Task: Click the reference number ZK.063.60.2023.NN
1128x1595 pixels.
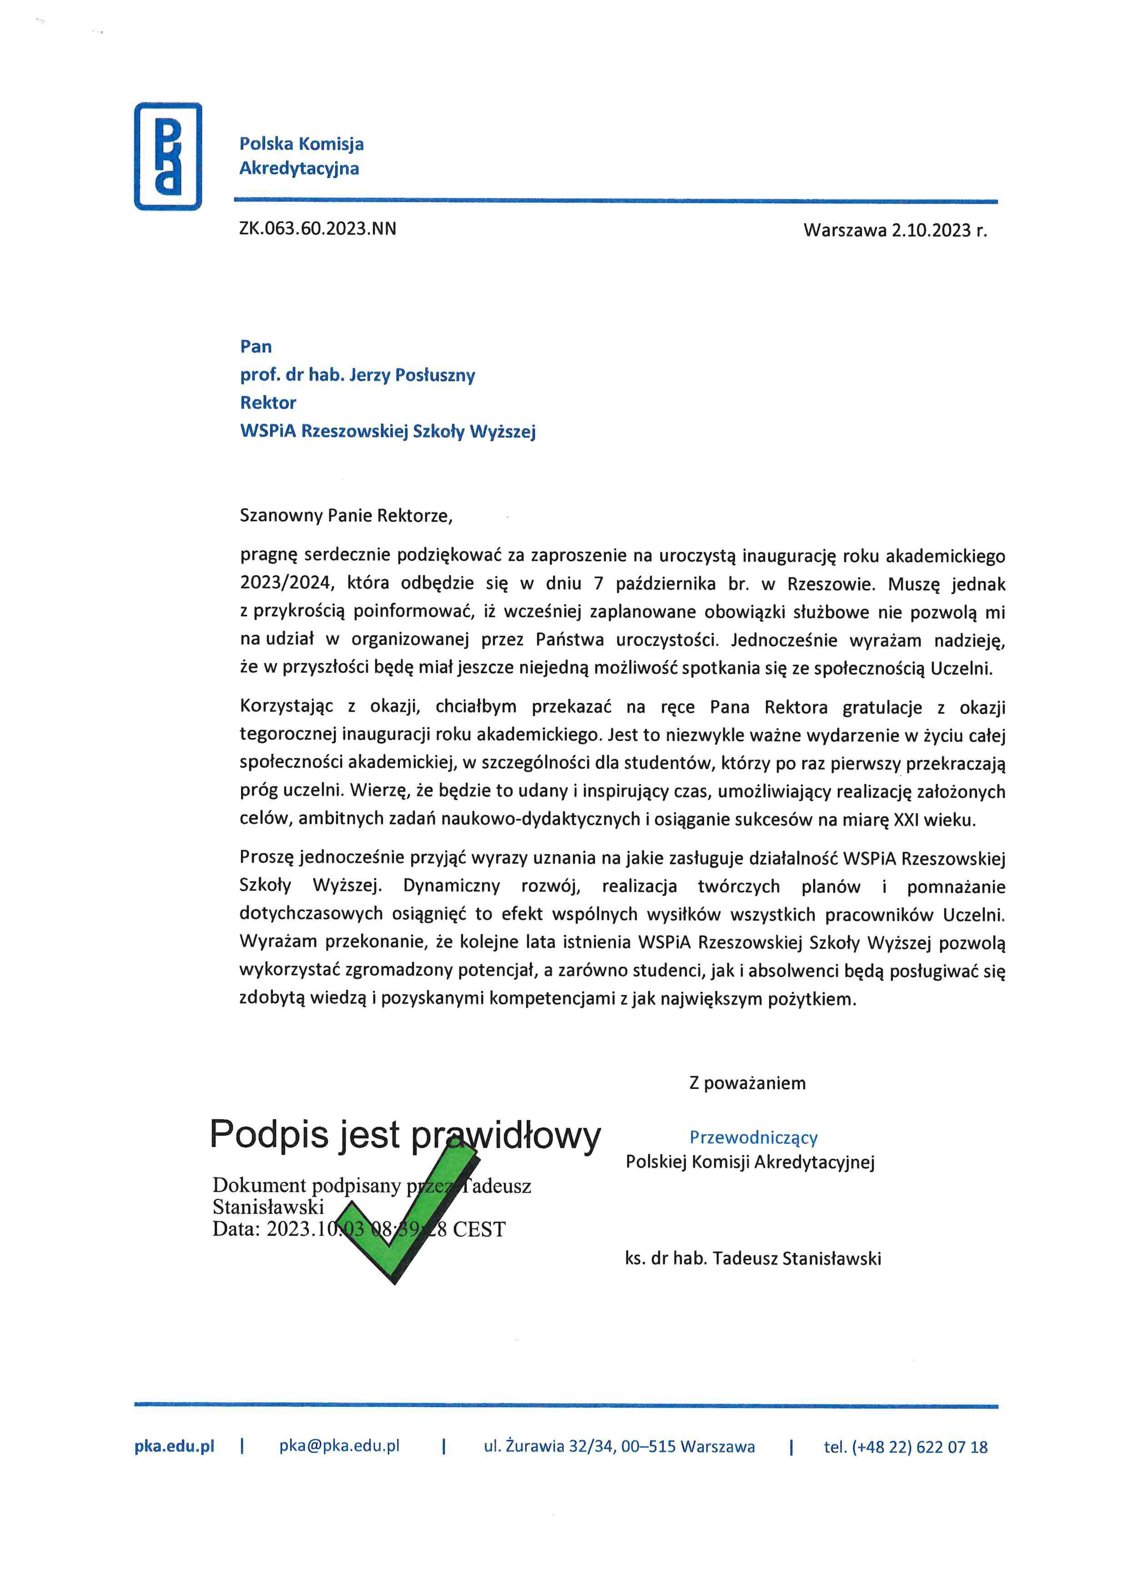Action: [x=317, y=229]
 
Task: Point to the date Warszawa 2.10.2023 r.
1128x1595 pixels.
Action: [x=895, y=231]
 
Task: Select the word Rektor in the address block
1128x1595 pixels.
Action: [x=268, y=403]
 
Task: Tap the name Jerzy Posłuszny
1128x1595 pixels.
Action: [x=412, y=375]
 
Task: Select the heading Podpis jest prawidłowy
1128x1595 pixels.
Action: [x=405, y=1136]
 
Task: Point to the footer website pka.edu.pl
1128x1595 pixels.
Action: [x=174, y=1447]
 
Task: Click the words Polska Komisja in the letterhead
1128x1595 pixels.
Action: [x=302, y=144]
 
